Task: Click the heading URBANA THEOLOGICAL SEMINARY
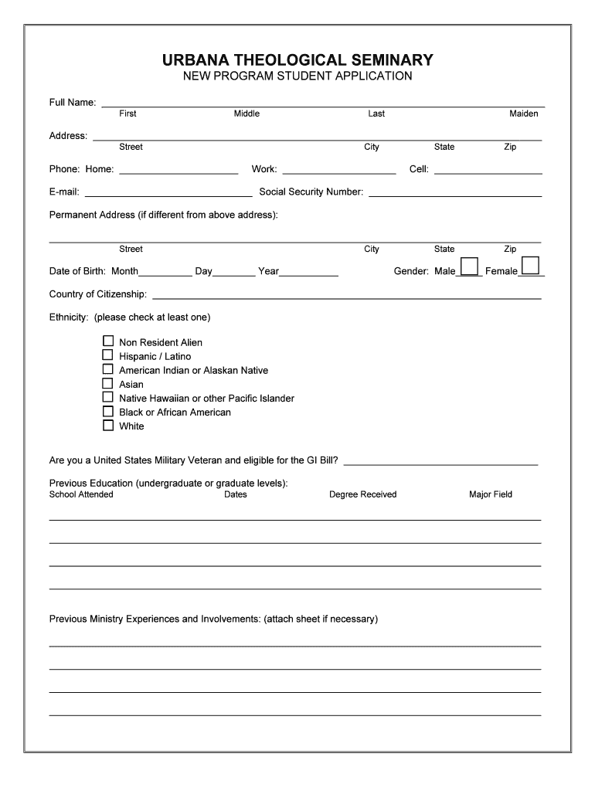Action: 297,60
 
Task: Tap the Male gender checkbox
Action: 469,266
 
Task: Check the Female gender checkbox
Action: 530,266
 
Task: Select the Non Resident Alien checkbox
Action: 108,341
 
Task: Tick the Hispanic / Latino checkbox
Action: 108,355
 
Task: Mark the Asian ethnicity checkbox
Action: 108,383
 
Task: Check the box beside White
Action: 108,425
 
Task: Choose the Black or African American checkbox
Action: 108,411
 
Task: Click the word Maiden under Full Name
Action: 523,114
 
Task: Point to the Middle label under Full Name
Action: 246,114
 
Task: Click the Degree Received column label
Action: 362,494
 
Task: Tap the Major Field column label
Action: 490,494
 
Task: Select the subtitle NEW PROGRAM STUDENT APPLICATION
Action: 297,76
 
